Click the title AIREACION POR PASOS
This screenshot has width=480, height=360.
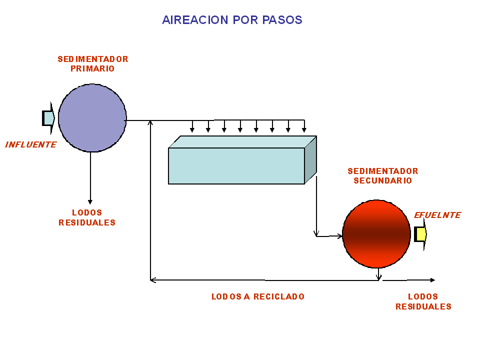click(232, 20)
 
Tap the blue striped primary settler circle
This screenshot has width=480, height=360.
click(92, 118)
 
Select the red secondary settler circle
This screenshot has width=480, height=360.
click(376, 234)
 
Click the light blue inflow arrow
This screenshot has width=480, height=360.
click(48, 118)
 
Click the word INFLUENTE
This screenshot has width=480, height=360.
click(30, 145)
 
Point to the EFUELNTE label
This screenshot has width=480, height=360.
click(437, 215)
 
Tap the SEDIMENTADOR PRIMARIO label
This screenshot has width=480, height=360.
click(93, 64)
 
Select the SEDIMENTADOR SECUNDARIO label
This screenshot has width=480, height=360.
click(383, 176)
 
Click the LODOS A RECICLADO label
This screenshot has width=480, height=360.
click(258, 296)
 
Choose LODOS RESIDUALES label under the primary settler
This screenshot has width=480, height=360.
click(87, 217)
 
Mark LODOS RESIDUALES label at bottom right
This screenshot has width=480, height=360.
click(423, 301)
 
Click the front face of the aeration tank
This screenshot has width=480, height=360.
click(236, 166)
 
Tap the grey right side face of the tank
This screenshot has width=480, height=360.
click(310, 159)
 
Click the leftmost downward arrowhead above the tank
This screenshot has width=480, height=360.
click(192, 130)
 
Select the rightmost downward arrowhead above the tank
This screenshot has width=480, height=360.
click(304, 130)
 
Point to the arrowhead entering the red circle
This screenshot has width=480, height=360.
click(339, 235)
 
